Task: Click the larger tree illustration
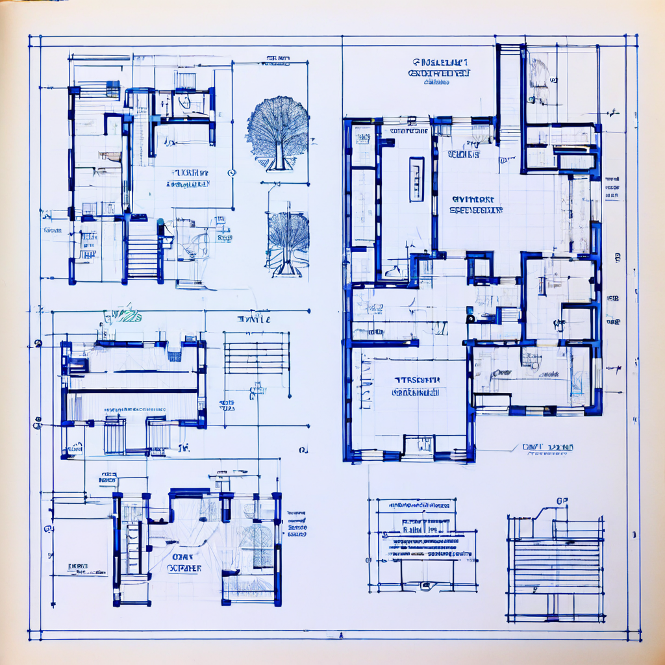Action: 277,133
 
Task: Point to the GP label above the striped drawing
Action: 562,501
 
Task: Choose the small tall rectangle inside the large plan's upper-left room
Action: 416,179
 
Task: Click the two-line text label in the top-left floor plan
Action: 188,179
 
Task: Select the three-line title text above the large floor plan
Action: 439,71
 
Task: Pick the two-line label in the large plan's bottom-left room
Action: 416,386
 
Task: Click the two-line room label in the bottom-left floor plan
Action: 184,562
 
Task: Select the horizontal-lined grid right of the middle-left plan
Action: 257,354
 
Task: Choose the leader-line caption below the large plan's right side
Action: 547,449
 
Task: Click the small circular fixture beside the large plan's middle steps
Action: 470,319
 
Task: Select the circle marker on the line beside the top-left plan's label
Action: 232,172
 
